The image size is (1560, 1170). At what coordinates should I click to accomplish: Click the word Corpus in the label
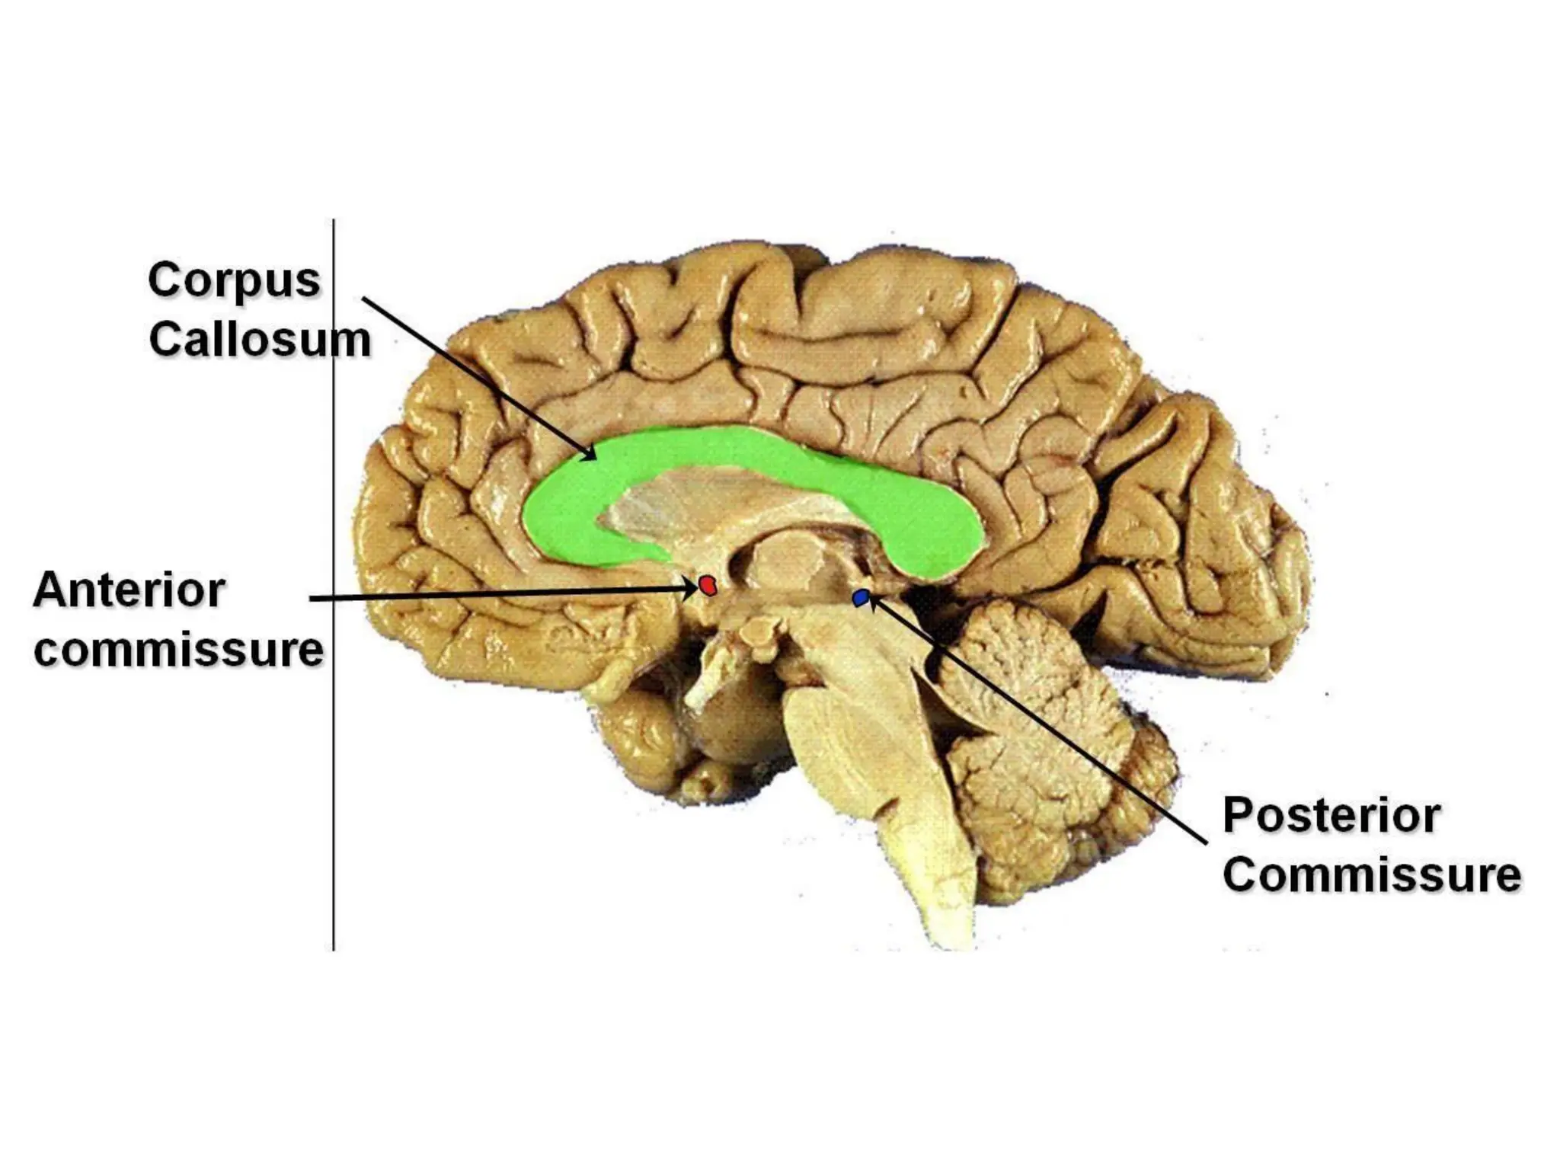(234, 281)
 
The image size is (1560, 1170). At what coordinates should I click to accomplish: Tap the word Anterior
(129, 590)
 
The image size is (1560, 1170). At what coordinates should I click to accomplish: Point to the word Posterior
(1331, 816)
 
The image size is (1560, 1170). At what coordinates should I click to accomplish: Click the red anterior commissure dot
(708, 585)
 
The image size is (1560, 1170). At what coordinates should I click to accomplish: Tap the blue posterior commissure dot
(862, 599)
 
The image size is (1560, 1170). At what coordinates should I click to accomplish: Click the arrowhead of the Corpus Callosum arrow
(591, 456)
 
